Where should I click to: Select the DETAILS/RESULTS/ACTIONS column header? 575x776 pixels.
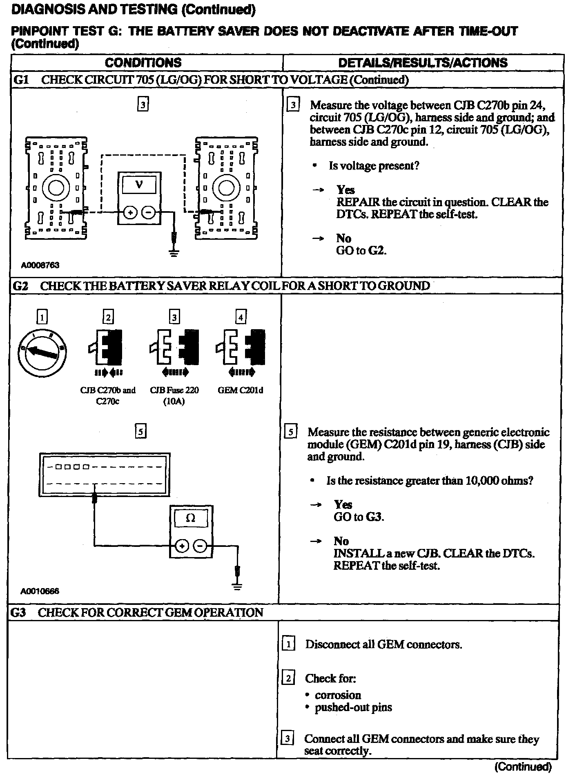click(423, 62)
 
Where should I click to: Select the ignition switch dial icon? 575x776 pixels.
click(42, 352)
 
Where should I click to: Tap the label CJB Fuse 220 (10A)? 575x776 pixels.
click(174, 395)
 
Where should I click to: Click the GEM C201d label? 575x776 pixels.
click(241, 390)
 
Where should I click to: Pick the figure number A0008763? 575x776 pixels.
click(40, 265)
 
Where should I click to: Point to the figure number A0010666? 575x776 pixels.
click(40, 591)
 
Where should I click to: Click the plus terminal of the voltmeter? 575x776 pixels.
click(130, 213)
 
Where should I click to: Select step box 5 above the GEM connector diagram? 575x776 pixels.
click(140, 432)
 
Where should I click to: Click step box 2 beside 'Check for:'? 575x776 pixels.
click(288, 678)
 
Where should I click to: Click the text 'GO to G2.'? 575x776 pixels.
click(361, 250)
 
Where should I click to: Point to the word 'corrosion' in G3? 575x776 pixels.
click(338, 695)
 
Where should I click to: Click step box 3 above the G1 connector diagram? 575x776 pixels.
click(143, 105)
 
